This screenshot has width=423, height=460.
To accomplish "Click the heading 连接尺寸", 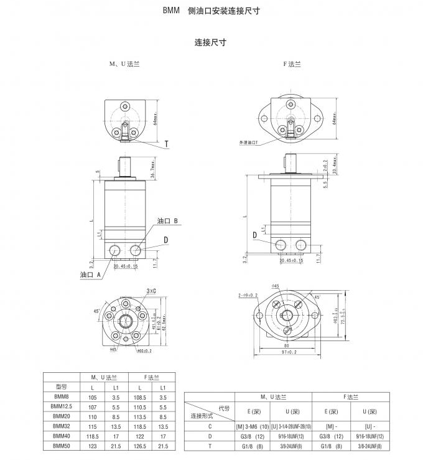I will [210, 43].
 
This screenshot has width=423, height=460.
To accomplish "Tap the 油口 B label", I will [168, 221].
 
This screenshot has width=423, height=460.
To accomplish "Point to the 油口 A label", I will [90, 275].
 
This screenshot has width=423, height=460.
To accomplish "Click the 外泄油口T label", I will [248, 143].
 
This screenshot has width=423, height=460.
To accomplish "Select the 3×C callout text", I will [151, 291].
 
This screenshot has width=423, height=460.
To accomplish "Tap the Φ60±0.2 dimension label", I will [144, 350].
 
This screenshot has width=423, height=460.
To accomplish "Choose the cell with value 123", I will [95, 446].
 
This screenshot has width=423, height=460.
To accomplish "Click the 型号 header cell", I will [61, 386].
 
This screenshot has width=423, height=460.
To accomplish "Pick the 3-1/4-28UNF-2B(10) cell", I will [291, 426].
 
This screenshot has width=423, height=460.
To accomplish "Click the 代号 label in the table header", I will [225, 408].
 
